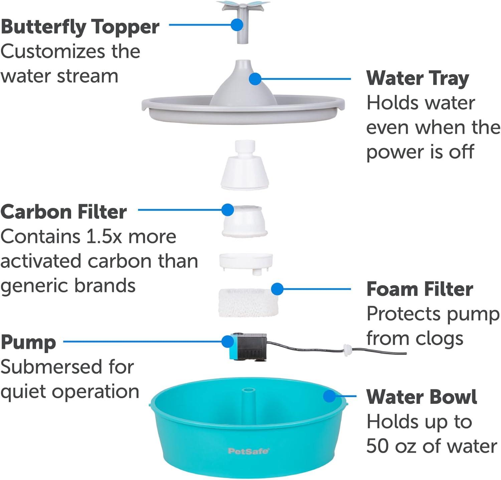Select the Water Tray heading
417,78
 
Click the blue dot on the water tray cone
256,79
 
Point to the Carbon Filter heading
63,212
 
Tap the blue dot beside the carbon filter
228,210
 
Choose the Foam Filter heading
420,289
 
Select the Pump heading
28,343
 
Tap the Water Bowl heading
422,397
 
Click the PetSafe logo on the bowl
248,451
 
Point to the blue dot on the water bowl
329,396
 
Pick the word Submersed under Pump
47,367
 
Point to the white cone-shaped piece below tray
245,165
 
